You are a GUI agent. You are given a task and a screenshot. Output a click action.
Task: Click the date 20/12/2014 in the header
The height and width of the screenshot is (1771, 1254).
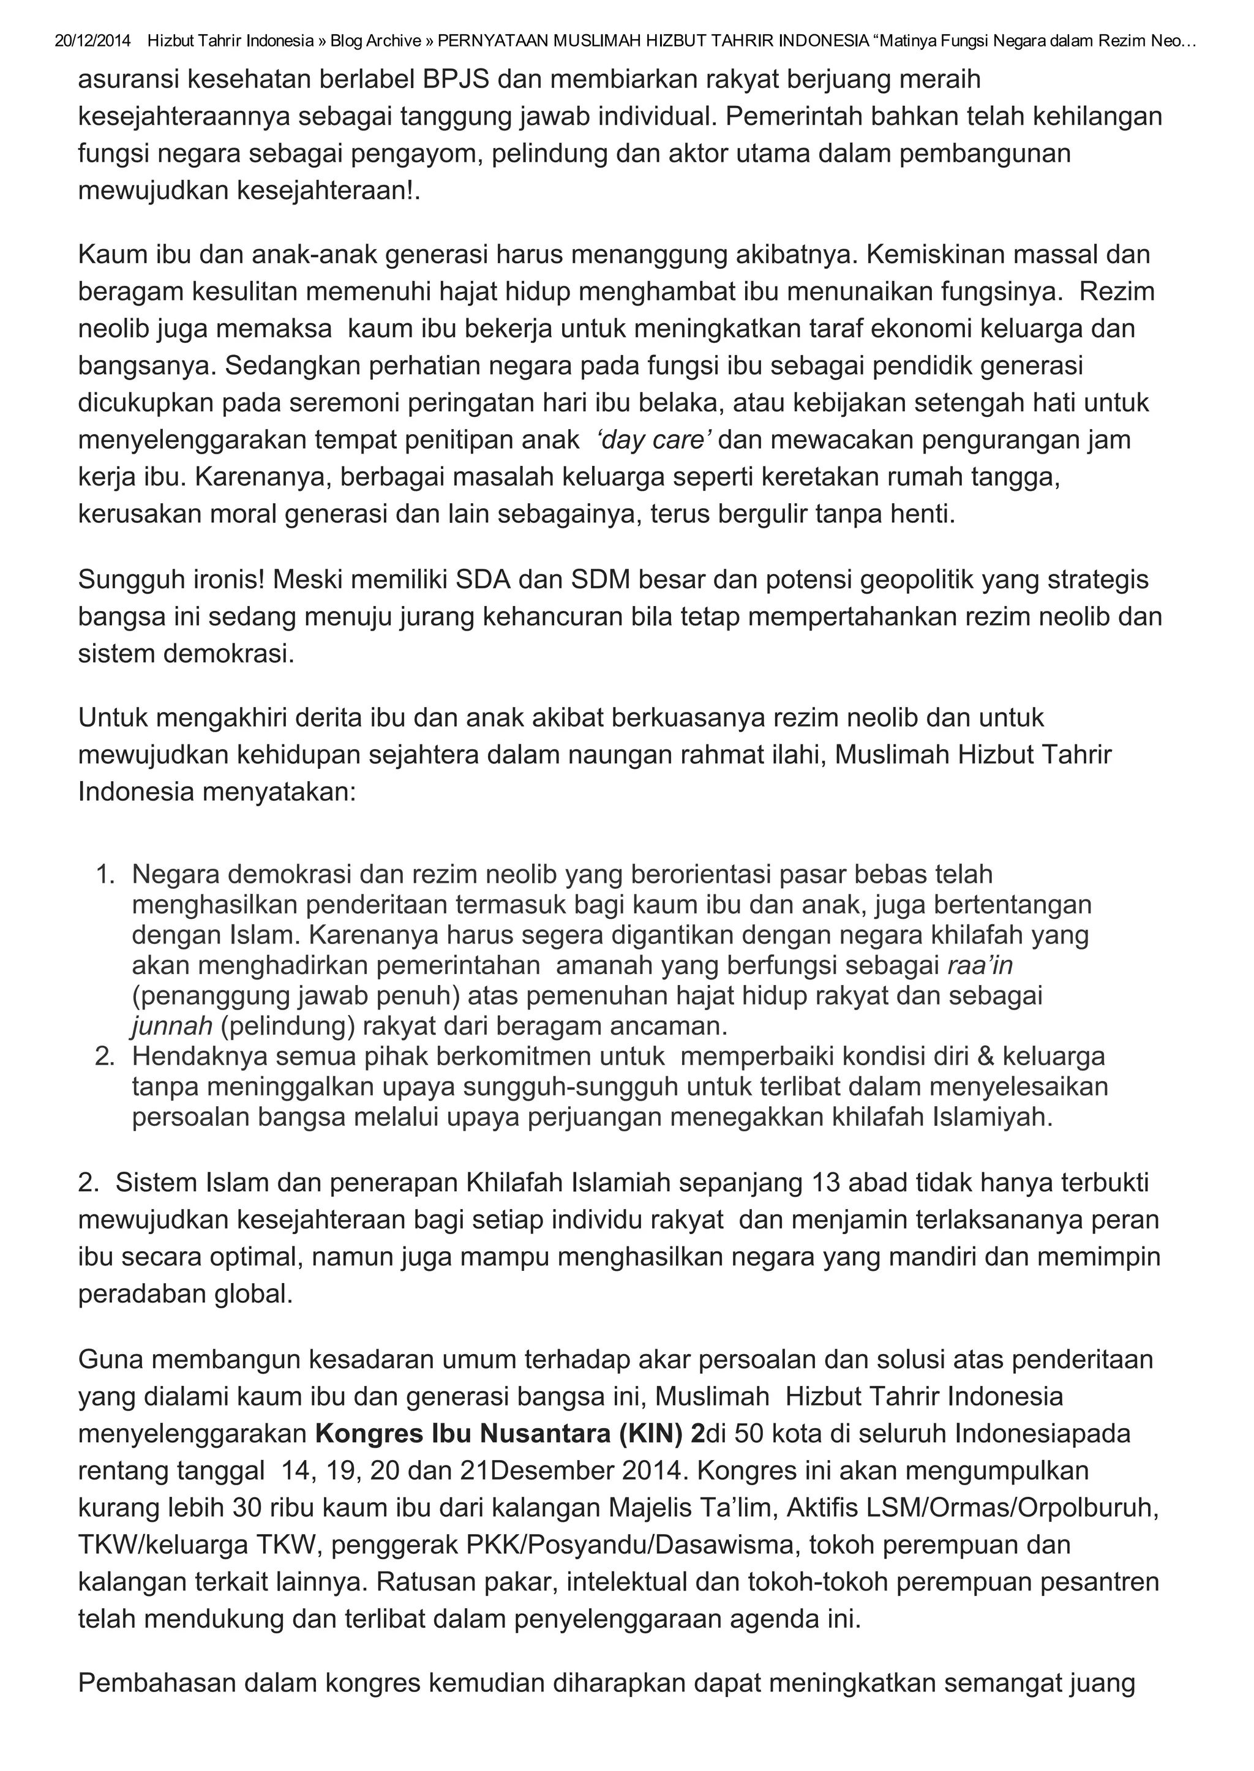point(92,41)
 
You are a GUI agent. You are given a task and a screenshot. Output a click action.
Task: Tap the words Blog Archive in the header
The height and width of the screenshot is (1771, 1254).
point(375,41)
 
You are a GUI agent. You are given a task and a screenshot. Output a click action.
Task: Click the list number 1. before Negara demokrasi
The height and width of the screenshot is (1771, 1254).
point(105,875)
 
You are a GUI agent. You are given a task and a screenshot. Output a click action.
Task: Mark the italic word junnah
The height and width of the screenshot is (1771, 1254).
point(171,1027)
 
